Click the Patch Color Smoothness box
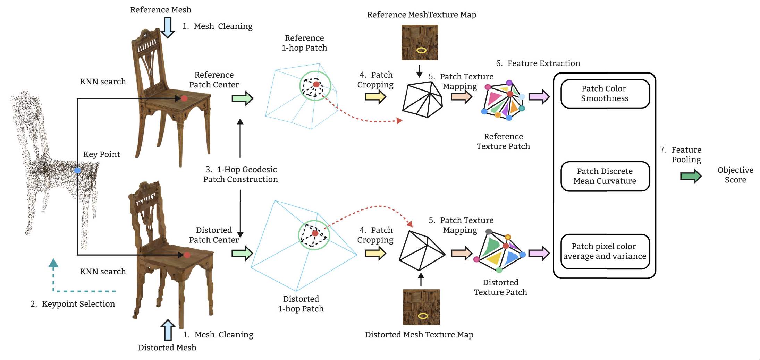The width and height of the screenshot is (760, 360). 605,94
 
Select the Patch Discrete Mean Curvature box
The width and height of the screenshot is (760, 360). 605,176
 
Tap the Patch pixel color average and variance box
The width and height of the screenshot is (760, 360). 605,251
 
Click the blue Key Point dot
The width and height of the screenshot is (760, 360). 77,170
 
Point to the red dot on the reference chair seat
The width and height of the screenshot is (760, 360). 184,98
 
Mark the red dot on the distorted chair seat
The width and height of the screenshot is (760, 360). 187,255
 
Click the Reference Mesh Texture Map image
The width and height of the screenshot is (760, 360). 420,42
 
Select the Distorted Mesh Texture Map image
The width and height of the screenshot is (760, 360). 421,307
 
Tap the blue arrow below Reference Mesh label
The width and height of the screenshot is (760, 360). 168,27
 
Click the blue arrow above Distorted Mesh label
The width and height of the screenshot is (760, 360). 168,330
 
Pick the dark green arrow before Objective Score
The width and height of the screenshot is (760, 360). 691,176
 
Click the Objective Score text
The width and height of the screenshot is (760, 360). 735,175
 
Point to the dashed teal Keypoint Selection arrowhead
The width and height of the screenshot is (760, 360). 53,263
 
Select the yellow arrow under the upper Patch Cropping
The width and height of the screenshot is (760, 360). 375,97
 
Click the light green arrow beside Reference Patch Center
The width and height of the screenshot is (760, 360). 242,98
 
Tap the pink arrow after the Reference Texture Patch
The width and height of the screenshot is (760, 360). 539,96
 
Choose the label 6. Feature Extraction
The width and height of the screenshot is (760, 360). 538,63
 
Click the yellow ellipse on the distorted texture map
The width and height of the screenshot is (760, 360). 423,316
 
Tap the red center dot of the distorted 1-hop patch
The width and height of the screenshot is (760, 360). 315,233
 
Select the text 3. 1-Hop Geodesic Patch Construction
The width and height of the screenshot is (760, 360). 240,174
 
